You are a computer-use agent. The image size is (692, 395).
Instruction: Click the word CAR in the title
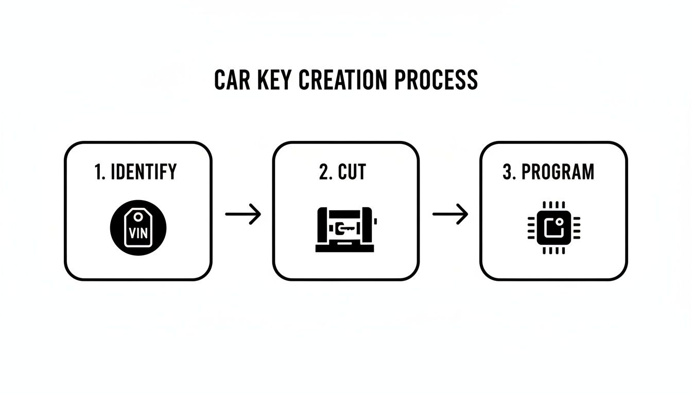(x=231, y=80)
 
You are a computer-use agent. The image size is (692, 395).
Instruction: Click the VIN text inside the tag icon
(x=138, y=233)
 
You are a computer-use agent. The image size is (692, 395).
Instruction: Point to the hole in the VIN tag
(x=138, y=218)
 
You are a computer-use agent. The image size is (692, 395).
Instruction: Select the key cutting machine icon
(x=345, y=228)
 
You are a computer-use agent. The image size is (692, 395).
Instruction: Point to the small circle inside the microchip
(x=560, y=222)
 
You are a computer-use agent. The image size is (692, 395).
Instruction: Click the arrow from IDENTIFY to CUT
(x=243, y=214)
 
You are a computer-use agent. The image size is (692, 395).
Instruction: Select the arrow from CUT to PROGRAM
(x=450, y=214)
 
